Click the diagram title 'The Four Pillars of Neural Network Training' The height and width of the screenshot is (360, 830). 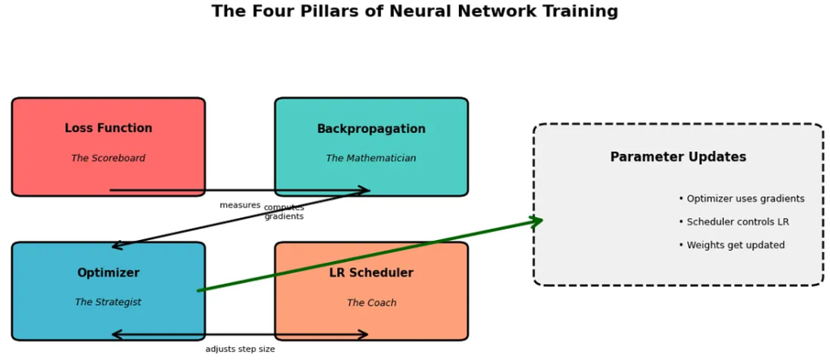[x=414, y=11]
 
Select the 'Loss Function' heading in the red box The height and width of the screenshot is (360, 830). [x=108, y=128]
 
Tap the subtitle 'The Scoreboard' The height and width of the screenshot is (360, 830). [x=108, y=158]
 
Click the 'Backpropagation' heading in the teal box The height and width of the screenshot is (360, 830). [x=371, y=129]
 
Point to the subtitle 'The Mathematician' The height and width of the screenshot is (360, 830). [x=371, y=158]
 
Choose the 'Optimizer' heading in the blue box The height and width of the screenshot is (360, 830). [x=108, y=273]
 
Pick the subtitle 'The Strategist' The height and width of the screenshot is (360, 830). [x=108, y=302]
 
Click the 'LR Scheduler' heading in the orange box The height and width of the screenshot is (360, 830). [x=371, y=273]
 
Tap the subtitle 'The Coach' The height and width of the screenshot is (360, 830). [x=371, y=302]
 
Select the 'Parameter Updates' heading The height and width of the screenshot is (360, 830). [x=678, y=157]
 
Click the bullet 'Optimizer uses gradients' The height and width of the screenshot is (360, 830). [x=742, y=199]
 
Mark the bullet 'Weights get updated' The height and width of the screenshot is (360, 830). [x=731, y=246]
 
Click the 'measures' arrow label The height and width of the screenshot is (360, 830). [x=240, y=205]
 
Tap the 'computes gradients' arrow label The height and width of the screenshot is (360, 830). [x=284, y=212]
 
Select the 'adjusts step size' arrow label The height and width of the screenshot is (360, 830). [x=240, y=349]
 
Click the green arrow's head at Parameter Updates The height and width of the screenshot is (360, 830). [x=538, y=220]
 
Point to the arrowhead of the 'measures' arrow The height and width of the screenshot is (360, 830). [x=366, y=191]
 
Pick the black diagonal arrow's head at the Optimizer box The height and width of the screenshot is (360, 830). [x=115, y=246]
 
